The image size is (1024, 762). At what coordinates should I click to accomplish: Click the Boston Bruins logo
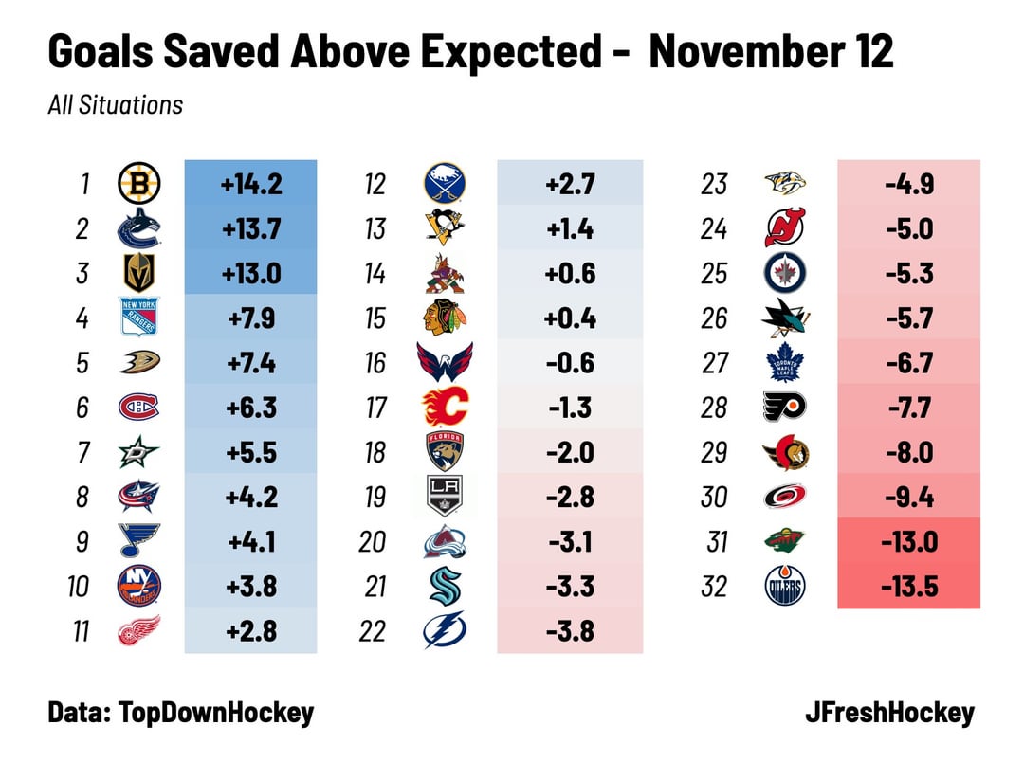coord(138,183)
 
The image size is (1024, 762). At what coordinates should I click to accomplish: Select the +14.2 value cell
coord(250,183)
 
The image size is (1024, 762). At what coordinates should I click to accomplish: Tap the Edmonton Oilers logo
coord(786,587)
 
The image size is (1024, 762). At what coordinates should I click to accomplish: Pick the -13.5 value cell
coord(909,587)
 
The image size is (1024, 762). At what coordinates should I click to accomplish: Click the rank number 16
coord(375,363)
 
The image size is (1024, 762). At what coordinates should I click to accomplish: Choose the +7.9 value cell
coord(250,317)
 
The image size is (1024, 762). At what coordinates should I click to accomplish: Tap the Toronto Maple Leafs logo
coord(786,363)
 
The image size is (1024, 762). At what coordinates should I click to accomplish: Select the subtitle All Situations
coord(115,104)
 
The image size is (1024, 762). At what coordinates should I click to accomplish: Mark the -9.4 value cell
coord(909,497)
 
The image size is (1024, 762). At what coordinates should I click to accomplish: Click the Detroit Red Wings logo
coord(138,631)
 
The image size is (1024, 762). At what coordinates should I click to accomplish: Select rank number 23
coord(713,183)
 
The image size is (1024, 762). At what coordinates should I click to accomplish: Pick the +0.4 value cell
coord(569,317)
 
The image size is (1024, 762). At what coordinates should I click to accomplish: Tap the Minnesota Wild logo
coord(786,542)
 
